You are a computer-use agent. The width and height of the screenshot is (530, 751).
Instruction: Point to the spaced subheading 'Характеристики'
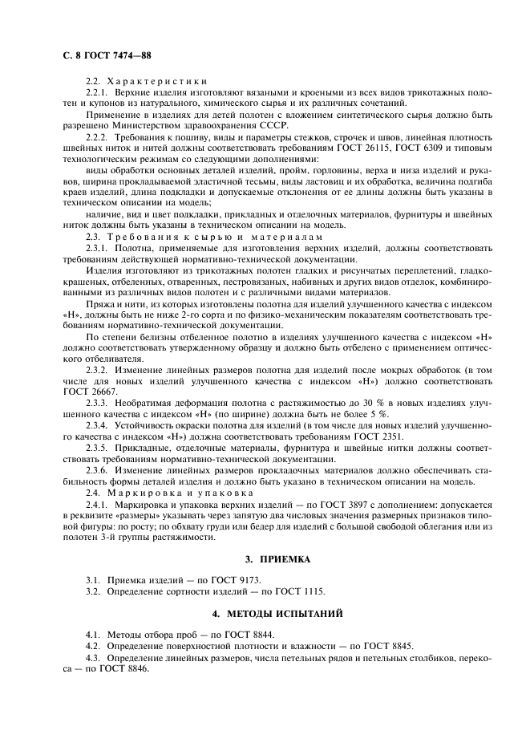pyautogui.click(x=157, y=81)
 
